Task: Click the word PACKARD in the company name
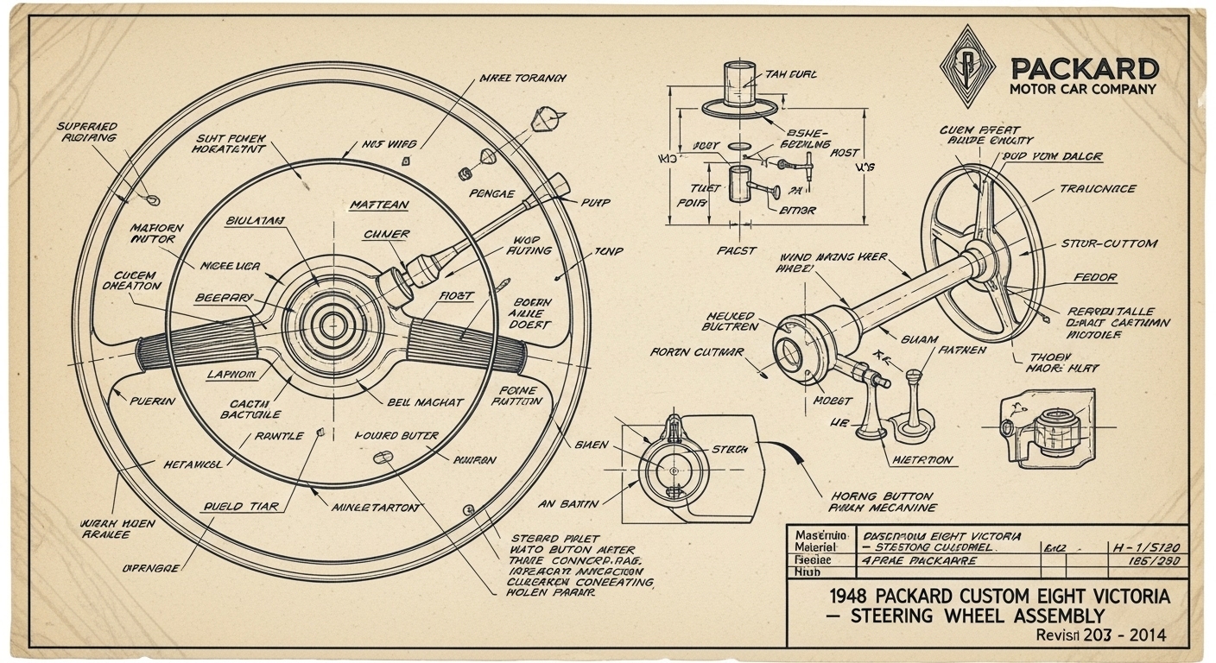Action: [1084, 68]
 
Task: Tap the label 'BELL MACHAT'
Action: [426, 402]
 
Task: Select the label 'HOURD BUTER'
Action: [396, 436]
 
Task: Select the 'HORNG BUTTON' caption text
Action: [881, 496]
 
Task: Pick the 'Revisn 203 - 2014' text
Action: [1100, 635]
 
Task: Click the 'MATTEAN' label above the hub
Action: [379, 205]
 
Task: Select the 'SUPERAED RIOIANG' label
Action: [86, 132]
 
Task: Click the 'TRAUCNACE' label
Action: [1098, 188]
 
